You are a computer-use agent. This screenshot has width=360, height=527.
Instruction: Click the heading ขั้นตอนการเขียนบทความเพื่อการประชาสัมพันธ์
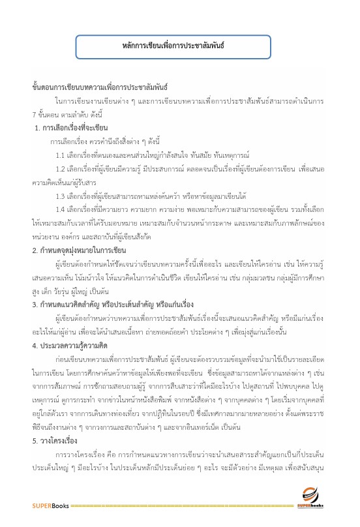click(100, 86)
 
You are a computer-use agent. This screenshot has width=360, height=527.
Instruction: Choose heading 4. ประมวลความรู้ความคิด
click(74, 345)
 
